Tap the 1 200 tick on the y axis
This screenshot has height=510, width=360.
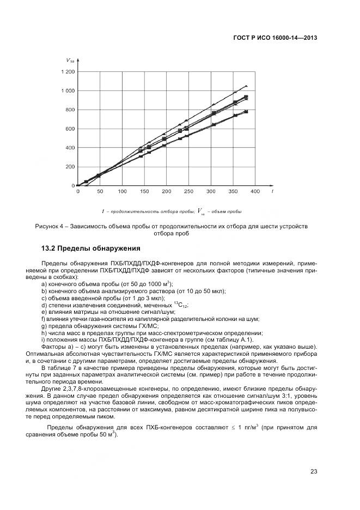click(x=68, y=71)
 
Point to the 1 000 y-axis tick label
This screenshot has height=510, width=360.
click(x=68, y=90)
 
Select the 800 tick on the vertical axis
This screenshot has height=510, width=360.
click(x=70, y=110)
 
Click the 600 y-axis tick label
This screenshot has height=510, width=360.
click(x=70, y=129)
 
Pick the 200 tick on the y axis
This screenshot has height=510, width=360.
click(x=70, y=167)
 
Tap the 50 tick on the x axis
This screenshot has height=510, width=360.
click(x=100, y=192)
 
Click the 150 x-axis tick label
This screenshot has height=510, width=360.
click(x=144, y=192)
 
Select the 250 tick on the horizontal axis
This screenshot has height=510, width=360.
click(x=188, y=192)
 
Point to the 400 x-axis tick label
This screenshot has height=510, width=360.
click(x=255, y=192)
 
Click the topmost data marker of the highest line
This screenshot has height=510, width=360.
click(x=246, y=86)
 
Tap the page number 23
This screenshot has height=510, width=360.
click(x=314, y=472)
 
